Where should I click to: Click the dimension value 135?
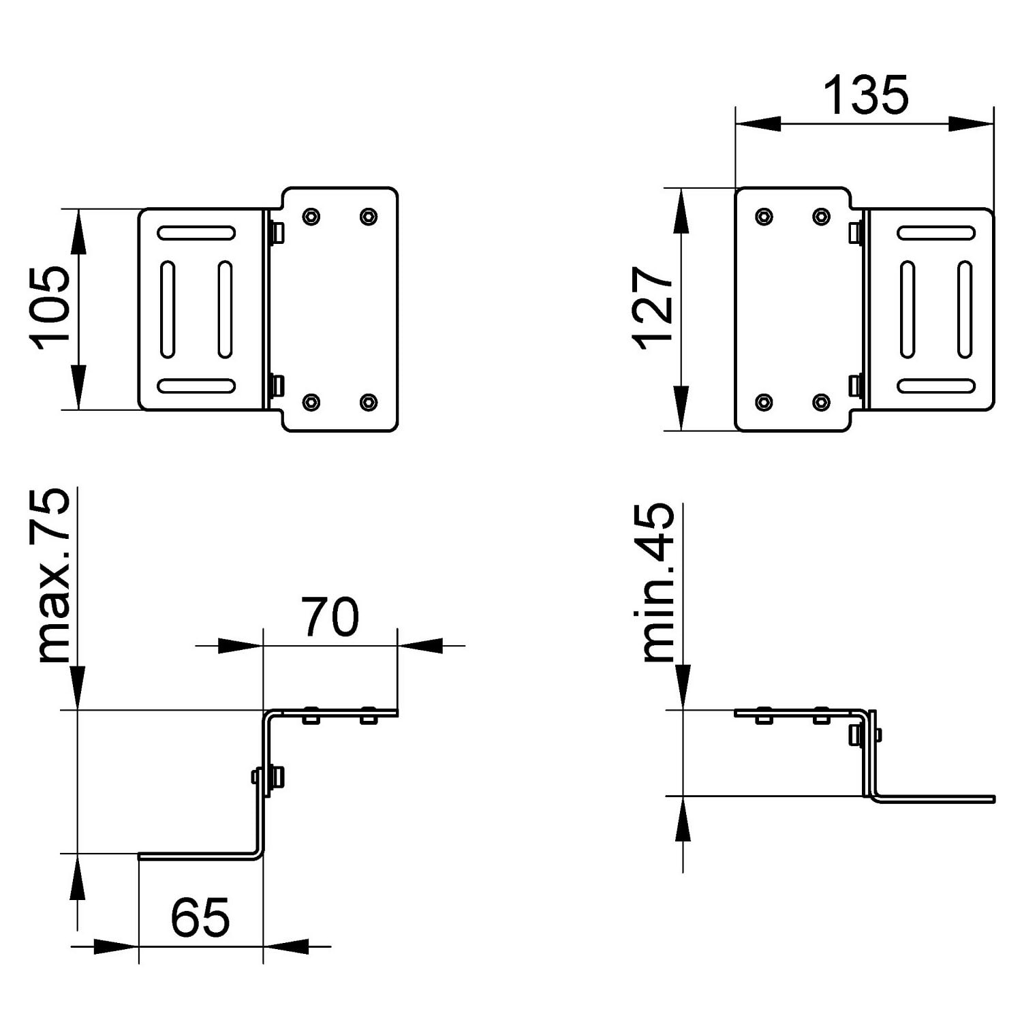point(866,95)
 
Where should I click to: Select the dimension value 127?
point(653,308)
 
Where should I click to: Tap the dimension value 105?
point(48,309)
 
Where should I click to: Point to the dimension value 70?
point(330,617)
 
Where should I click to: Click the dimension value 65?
point(200,917)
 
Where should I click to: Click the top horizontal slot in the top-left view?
point(196,233)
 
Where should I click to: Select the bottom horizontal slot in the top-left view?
point(196,386)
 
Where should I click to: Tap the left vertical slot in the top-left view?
point(168,309)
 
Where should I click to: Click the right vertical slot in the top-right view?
point(965,309)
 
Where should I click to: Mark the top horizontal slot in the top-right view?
point(936,233)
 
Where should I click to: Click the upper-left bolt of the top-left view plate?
point(311,217)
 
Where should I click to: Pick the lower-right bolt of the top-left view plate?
point(369,402)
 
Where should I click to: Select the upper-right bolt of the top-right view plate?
point(822,217)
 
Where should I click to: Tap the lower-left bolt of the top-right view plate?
point(764,402)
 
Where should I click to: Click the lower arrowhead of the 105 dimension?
point(78,388)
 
